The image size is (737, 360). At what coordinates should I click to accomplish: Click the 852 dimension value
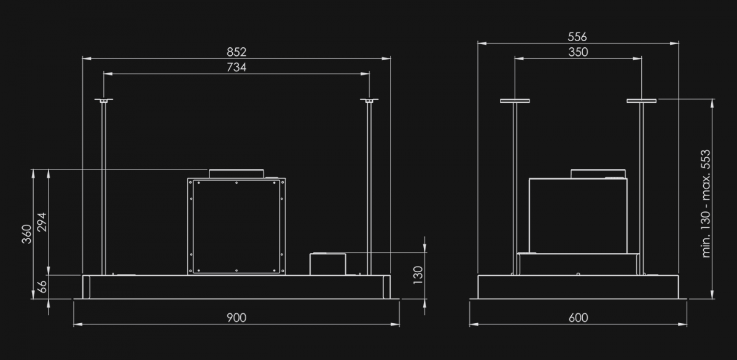pos(236,52)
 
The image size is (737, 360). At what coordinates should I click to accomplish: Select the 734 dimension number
pos(236,68)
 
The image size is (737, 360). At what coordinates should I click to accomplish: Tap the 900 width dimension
pos(236,318)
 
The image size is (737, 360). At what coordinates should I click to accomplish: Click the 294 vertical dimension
pos(41,222)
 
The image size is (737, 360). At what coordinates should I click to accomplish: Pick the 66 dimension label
pos(41,286)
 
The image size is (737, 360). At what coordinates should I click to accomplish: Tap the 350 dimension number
pos(578,52)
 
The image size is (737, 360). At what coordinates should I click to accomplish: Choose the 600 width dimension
pos(578,318)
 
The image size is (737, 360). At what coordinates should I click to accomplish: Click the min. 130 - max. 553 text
pos(706,203)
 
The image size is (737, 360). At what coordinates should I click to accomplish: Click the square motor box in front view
pos(236,226)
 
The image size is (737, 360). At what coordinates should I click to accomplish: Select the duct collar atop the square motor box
pos(236,173)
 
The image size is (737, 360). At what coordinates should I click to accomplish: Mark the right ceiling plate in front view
pos(369,101)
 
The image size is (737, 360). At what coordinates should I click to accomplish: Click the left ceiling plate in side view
pos(515,101)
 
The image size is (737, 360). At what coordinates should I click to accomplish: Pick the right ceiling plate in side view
pos(642,101)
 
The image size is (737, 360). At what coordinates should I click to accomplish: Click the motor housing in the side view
pos(578,215)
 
